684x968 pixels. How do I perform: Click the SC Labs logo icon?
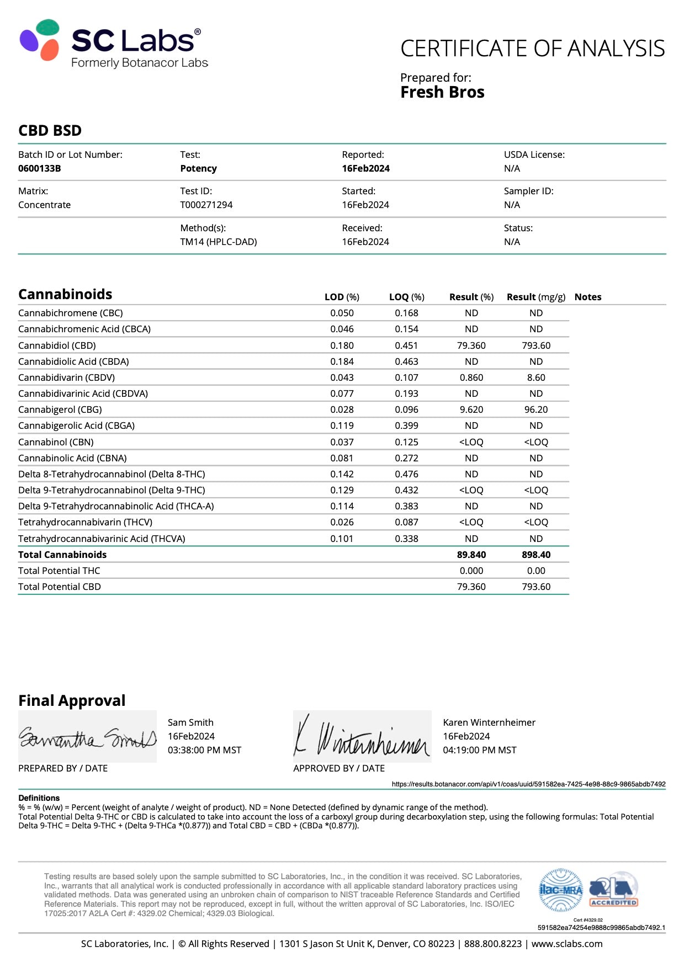[x=39, y=39]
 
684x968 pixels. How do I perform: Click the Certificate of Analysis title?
[x=532, y=49]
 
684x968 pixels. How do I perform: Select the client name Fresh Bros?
[x=442, y=92]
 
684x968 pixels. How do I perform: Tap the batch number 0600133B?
[x=40, y=168]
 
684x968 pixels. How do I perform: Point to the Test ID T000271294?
[x=206, y=205]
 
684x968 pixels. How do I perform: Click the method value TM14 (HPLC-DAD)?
[x=218, y=242]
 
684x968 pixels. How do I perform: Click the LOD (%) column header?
[x=342, y=297]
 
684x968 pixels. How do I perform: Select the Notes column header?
[x=587, y=297]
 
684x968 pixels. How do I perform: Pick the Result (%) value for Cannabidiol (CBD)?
[x=471, y=345]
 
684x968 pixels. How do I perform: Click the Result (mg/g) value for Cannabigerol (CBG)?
[x=535, y=409]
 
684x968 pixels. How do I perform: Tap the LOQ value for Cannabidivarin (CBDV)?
[x=406, y=377]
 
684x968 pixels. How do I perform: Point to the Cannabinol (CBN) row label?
[x=56, y=442]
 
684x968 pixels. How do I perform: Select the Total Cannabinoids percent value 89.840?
[x=471, y=555]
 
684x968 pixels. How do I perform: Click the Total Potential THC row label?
[x=59, y=571]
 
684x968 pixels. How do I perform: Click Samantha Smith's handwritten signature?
[x=87, y=738]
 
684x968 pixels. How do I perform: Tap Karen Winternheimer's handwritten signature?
[x=362, y=738]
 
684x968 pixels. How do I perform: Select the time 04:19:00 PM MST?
[x=479, y=750]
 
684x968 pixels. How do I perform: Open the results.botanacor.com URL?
[x=528, y=784]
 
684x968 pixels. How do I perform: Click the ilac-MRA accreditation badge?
[x=560, y=890]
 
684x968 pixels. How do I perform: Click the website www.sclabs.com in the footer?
[x=566, y=944]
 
